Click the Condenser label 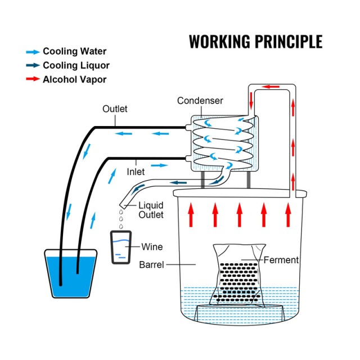click(200, 101)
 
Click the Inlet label click(136, 172)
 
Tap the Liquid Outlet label click(151, 210)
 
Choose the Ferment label click(281, 260)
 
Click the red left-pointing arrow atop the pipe click(272, 87)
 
